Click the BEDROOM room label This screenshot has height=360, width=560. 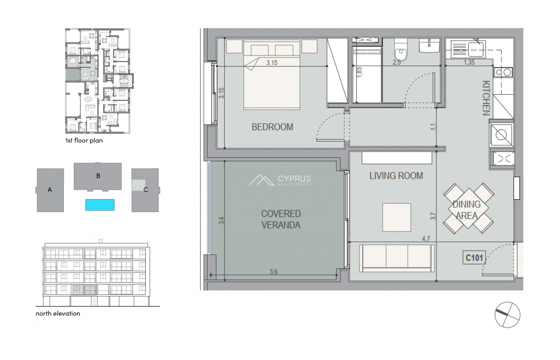click(272, 127)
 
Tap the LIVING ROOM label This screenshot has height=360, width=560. click(396, 176)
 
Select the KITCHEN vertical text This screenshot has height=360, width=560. click(486, 98)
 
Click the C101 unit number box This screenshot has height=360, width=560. click(474, 258)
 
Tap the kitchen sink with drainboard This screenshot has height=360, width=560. click(468, 49)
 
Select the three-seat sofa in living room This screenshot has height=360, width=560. click(397, 258)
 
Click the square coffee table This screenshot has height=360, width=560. click(397, 217)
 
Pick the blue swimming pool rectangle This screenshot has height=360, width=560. click(100, 205)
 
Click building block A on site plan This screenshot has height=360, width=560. click(50, 190)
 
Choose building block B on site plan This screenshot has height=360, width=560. click(98, 176)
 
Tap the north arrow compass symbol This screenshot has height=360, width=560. click(507, 315)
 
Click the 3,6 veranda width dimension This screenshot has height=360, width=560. click(273, 272)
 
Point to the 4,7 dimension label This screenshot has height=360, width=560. click(426, 239)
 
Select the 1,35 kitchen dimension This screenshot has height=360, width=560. click(469, 62)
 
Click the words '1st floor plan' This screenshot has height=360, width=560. click(84, 141)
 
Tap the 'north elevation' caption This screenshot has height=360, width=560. click(58, 314)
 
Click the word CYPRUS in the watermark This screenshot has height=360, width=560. click(294, 178)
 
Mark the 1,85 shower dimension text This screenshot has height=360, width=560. click(359, 72)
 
